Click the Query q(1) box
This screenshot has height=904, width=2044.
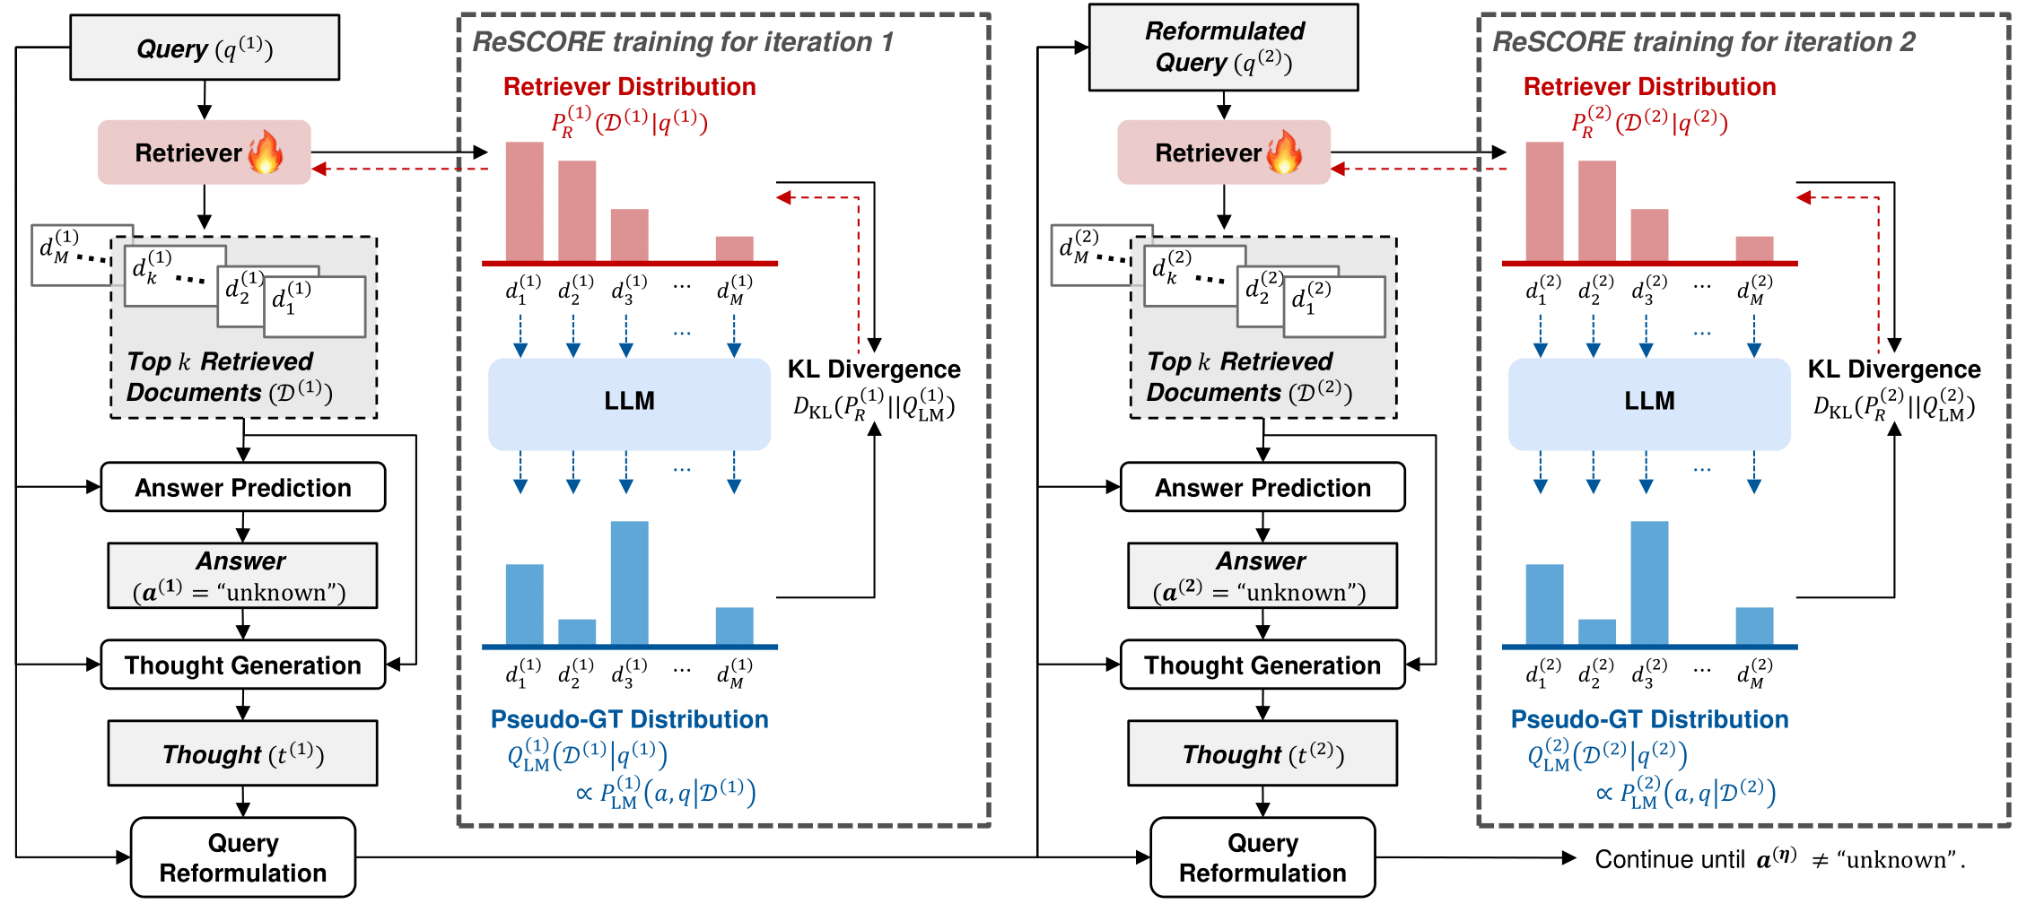tap(205, 48)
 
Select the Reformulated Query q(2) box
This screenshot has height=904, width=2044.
tap(1223, 48)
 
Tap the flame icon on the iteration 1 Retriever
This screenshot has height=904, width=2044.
tap(266, 152)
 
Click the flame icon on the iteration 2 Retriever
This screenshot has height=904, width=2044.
tap(1285, 152)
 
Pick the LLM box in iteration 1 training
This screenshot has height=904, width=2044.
tap(629, 404)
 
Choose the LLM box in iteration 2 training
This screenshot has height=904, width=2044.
tap(1649, 404)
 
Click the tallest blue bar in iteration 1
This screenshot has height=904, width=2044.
tap(629, 583)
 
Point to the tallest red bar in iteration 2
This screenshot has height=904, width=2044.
tap(1544, 202)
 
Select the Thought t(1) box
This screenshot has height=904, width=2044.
tap(242, 753)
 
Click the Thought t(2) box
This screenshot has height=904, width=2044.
tap(1262, 753)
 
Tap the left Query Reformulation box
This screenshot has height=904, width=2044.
tap(243, 857)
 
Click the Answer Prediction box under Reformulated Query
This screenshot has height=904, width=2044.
tap(1262, 487)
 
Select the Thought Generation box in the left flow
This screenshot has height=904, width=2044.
tap(243, 665)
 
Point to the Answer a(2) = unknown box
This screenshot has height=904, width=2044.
tap(1262, 576)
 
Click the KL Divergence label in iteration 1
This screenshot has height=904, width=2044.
tap(874, 369)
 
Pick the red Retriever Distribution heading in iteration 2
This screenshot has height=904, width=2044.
tap(1649, 87)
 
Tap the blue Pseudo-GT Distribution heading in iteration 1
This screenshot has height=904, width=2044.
tap(629, 719)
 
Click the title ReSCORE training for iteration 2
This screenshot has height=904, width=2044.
tap(1703, 42)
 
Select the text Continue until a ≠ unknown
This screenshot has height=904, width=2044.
tap(1780, 859)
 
